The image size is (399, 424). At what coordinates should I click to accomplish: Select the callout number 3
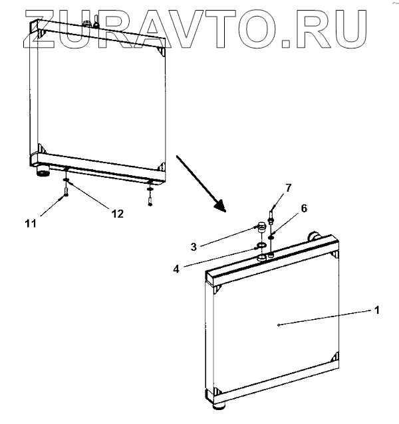coord(193,246)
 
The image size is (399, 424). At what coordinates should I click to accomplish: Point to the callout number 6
coord(304,208)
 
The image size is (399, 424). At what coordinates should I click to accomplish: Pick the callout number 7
coord(287,187)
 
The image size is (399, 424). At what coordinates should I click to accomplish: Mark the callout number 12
coord(118,214)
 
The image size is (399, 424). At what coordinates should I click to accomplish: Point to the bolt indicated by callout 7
coord(271,216)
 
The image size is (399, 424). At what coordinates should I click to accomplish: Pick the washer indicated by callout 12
coord(67,178)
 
